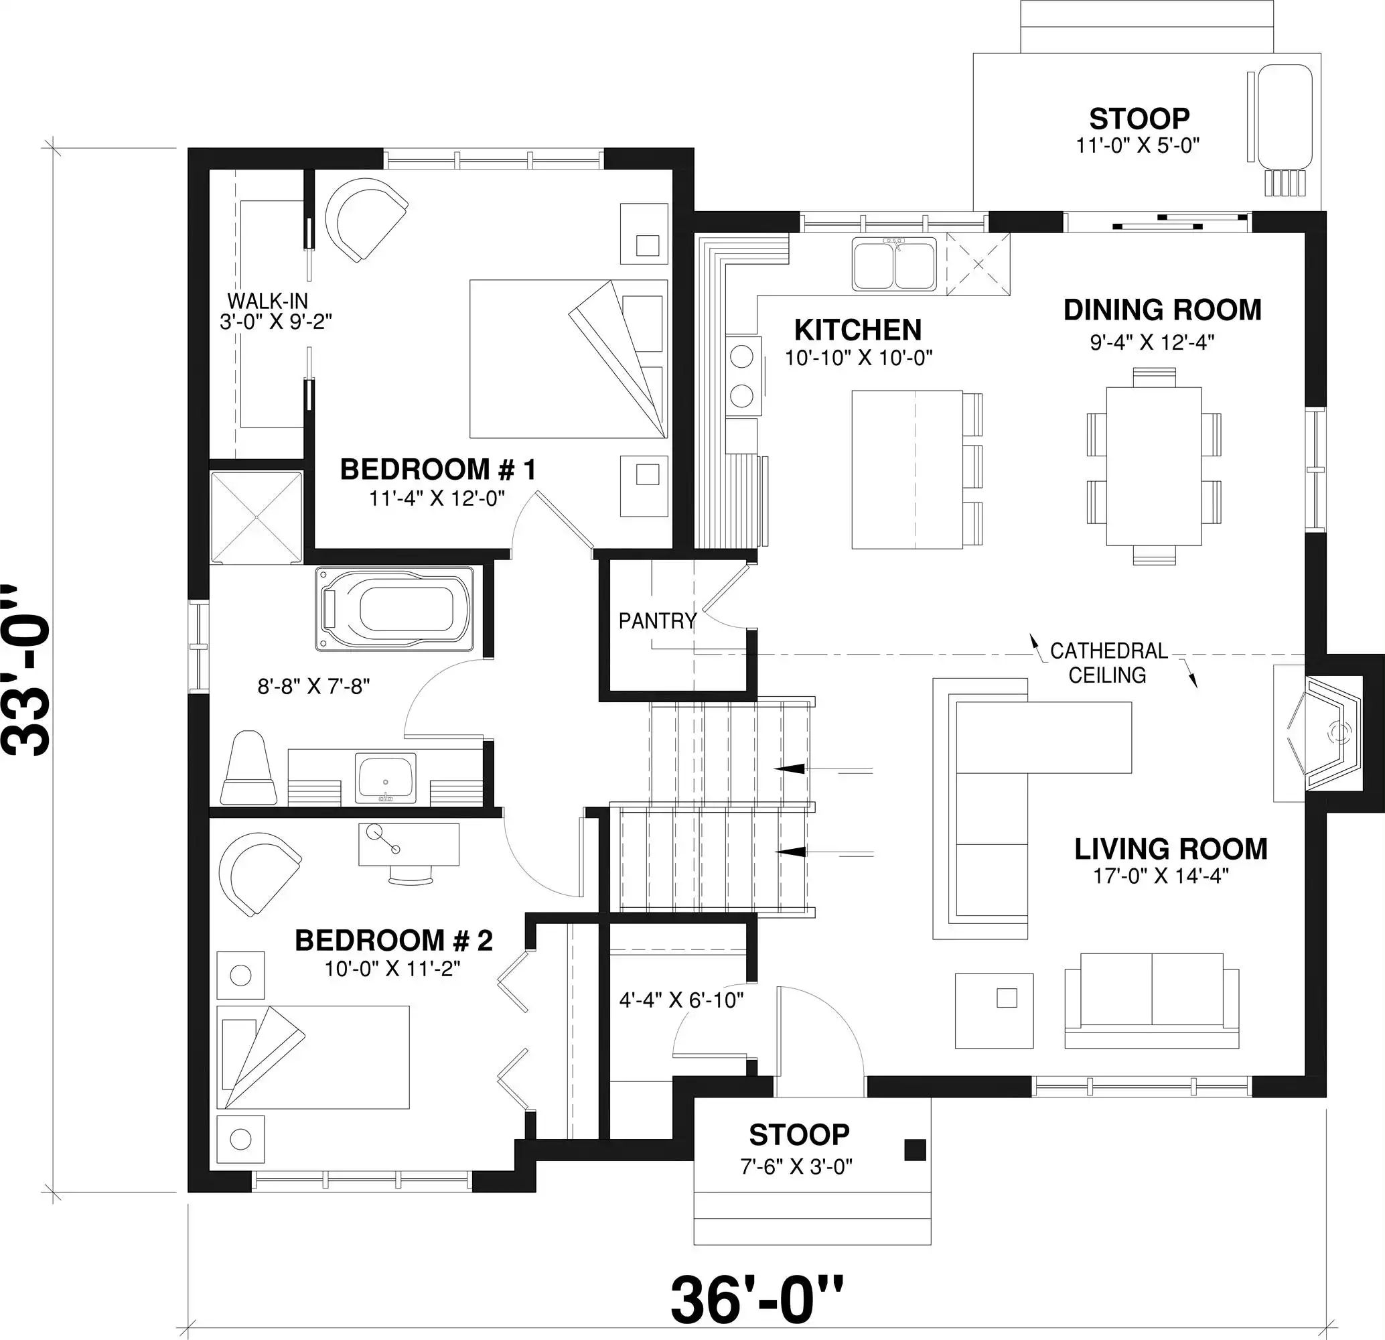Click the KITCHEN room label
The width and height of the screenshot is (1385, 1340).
(x=858, y=330)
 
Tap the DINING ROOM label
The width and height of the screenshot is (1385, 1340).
(x=1163, y=310)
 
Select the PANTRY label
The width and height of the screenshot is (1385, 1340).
(x=657, y=620)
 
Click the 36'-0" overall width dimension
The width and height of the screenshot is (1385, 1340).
(x=757, y=1300)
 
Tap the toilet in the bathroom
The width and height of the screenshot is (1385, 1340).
(x=248, y=768)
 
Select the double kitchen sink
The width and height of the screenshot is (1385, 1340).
(x=895, y=263)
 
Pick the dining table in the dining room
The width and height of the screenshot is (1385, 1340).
(x=1154, y=466)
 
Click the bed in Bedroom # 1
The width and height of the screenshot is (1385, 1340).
(x=569, y=358)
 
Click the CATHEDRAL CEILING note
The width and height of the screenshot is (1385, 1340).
(x=1108, y=662)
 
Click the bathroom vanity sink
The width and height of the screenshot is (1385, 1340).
(x=385, y=778)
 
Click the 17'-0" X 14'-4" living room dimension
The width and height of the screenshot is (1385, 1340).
(x=1161, y=876)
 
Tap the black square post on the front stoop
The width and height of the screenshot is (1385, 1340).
(x=915, y=1150)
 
